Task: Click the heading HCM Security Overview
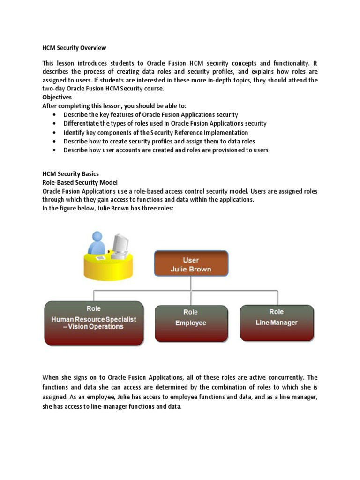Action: (74, 48)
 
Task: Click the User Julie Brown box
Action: (191, 264)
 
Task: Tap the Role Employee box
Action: (191, 323)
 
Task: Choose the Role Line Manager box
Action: (276, 322)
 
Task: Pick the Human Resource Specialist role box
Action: (93, 323)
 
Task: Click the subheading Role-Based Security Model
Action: (80, 182)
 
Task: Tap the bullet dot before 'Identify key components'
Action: (56, 133)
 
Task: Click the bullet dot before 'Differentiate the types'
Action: (56, 124)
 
